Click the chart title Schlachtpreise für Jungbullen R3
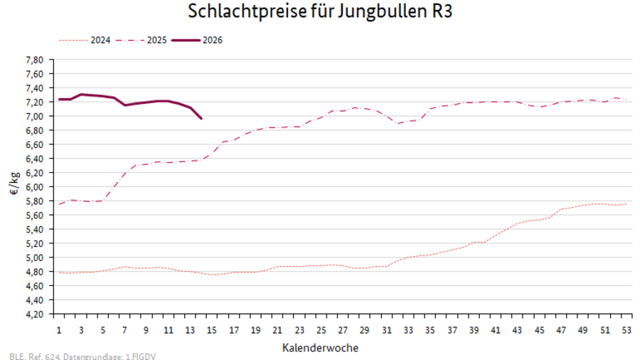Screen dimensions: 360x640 pyautogui.click(x=319, y=12)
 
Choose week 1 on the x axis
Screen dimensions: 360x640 pyautogui.click(x=59, y=330)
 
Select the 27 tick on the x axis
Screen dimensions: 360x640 pyautogui.click(x=342, y=330)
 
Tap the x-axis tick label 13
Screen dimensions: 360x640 pyautogui.click(x=190, y=330)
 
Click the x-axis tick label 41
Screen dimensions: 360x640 pyautogui.click(x=495, y=330)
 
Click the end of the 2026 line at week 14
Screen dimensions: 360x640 pyautogui.click(x=201, y=118)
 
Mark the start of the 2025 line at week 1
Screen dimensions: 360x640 pyautogui.click(x=59, y=204)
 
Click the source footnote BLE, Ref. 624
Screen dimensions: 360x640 pyautogui.click(x=82, y=355)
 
